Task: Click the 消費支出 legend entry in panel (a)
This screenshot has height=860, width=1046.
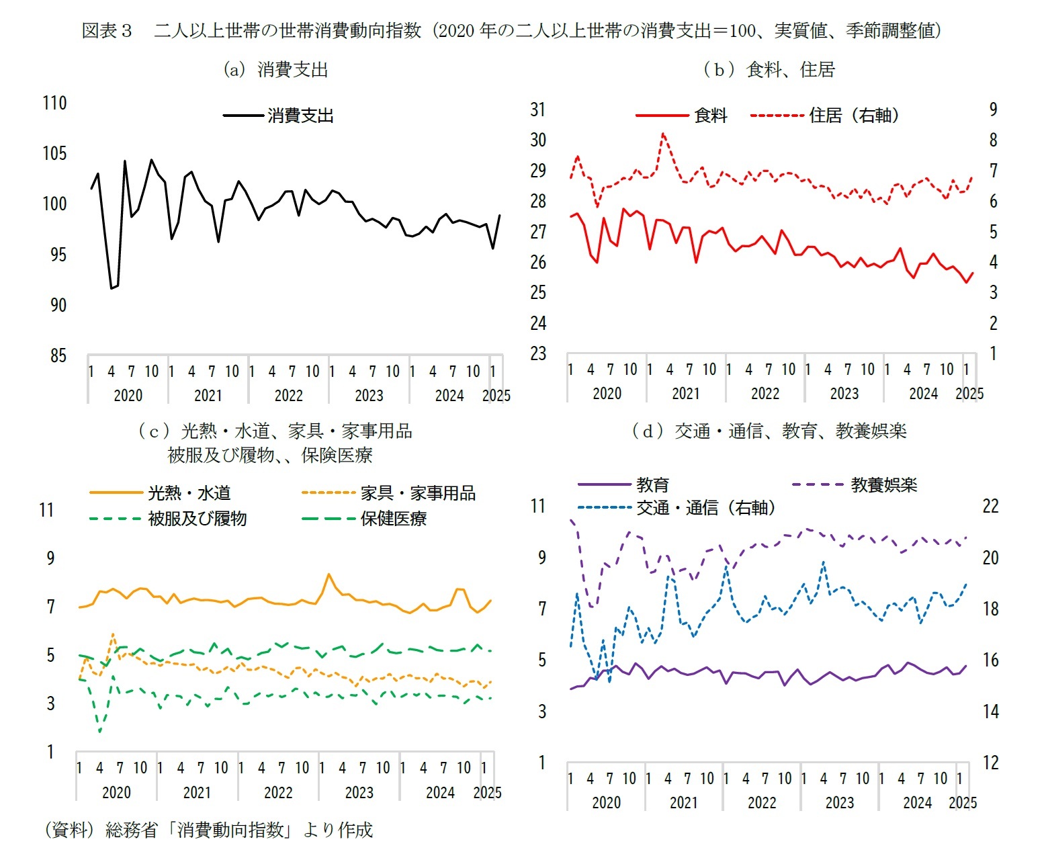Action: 300,116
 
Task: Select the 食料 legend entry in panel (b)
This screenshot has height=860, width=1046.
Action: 710,116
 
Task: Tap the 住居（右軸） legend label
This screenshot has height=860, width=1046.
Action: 853,116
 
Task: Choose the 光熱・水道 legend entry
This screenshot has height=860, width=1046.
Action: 189,493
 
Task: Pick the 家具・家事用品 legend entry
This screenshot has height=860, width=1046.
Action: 417,493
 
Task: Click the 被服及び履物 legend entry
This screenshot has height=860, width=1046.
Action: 197,519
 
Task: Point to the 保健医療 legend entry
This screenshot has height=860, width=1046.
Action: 393,519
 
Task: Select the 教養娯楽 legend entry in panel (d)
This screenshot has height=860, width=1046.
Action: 883,484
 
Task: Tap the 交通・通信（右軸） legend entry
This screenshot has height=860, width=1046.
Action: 705,508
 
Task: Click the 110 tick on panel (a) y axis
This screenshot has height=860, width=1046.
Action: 54,103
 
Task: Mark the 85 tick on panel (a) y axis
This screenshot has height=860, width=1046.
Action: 58,355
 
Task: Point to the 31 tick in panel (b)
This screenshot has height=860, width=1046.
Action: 538,110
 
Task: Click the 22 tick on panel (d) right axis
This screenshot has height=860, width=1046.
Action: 991,507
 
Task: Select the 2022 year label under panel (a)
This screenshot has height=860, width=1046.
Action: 289,396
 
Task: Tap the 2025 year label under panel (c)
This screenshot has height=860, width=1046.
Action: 487,793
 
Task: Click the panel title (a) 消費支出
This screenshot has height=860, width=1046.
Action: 275,70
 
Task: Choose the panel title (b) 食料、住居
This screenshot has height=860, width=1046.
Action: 769,70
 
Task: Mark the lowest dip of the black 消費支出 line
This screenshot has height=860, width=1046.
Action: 112,288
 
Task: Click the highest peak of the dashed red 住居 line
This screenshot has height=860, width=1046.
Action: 663,133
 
